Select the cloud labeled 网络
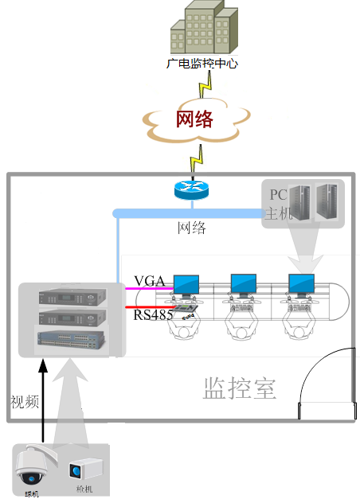coord(194,119)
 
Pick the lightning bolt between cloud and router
coord(193,162)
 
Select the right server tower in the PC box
coord(327,203)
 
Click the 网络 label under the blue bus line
coord(191,228)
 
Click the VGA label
coord(149,280)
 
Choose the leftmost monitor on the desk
coord(186,284)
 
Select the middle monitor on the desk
coord(243,284)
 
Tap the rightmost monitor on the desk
coord(301,284)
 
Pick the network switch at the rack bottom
coord(72,339)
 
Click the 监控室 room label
coord(240,388)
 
